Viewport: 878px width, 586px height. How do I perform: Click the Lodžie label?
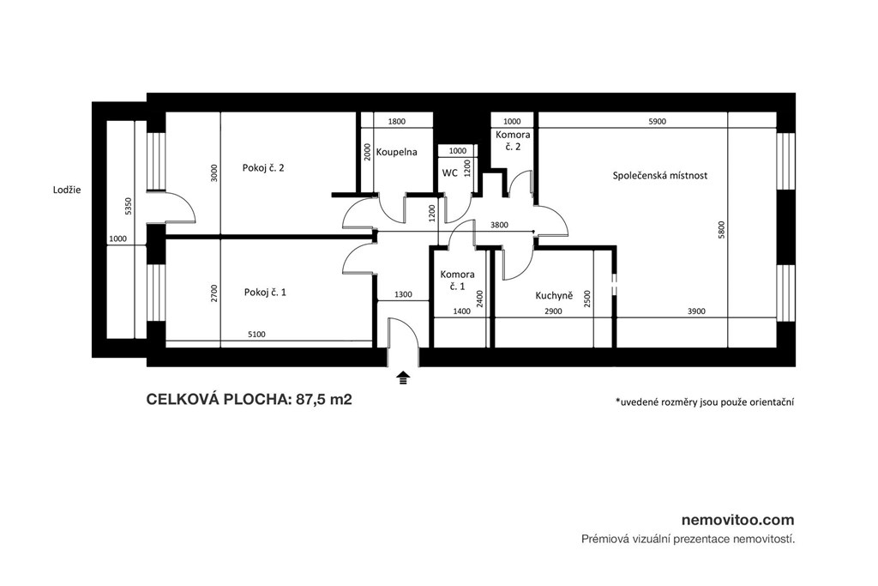[x=67, y=190]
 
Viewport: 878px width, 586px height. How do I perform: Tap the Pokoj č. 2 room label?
[x=263, y=167]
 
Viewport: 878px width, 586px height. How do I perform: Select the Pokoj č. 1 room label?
[x=265, y=292]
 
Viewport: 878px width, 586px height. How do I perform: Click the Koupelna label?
[x=396, y=152]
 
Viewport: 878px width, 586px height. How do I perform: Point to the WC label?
[x=449, y=173]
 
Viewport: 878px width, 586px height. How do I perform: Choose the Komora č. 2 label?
[x=513, y=141]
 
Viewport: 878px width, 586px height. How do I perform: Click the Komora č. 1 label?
[x=458, y=280]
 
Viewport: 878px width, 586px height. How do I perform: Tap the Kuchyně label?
[x=554, y=295]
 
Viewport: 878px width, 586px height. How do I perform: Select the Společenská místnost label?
[x=659, y=175]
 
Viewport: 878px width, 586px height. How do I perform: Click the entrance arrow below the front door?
[x=403, y=378]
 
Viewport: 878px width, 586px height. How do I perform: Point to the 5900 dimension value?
[x=657, y=121]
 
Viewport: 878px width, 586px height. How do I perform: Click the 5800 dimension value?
[x=722, y=230]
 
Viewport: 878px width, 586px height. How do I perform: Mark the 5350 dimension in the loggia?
[x=129, y=206]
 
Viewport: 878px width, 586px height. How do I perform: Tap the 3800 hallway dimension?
[x=499, y=225]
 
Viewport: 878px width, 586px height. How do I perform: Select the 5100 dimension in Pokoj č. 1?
[x=256, y=335]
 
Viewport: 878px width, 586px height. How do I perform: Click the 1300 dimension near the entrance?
[x=403, y=294]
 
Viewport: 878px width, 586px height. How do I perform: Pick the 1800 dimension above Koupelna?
[x=396, y=121]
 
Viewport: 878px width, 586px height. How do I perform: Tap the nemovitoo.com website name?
[x=738, y=520]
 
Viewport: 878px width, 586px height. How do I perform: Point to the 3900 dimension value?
[x=696, y=311]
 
